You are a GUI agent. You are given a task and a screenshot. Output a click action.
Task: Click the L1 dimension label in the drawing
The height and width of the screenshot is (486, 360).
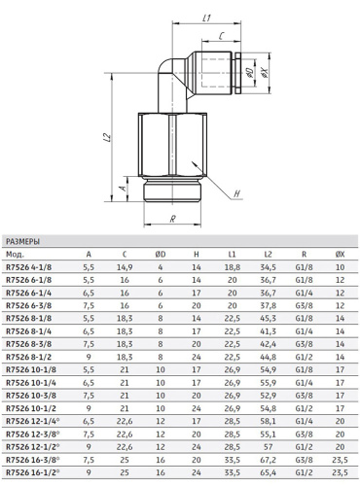pos(206,17)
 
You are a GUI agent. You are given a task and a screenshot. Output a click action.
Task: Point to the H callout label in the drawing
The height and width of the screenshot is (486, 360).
pos(237,193)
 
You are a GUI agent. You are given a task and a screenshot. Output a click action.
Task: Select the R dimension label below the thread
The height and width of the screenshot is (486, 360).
pos(173,219)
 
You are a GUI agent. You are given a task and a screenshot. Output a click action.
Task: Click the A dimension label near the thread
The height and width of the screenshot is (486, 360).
pos(123,188)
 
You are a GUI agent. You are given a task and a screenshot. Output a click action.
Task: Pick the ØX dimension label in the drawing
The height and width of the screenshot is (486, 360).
pos(265,73)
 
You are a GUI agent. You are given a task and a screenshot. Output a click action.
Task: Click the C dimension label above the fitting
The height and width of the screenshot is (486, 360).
pos(221,36)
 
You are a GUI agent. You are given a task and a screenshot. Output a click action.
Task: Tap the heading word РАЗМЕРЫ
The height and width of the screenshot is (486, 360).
pos(22,242)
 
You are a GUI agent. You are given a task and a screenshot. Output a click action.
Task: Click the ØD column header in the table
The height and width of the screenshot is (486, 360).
pos(161,255)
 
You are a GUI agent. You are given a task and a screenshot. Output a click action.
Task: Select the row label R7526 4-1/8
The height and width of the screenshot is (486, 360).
pos(28,267)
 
